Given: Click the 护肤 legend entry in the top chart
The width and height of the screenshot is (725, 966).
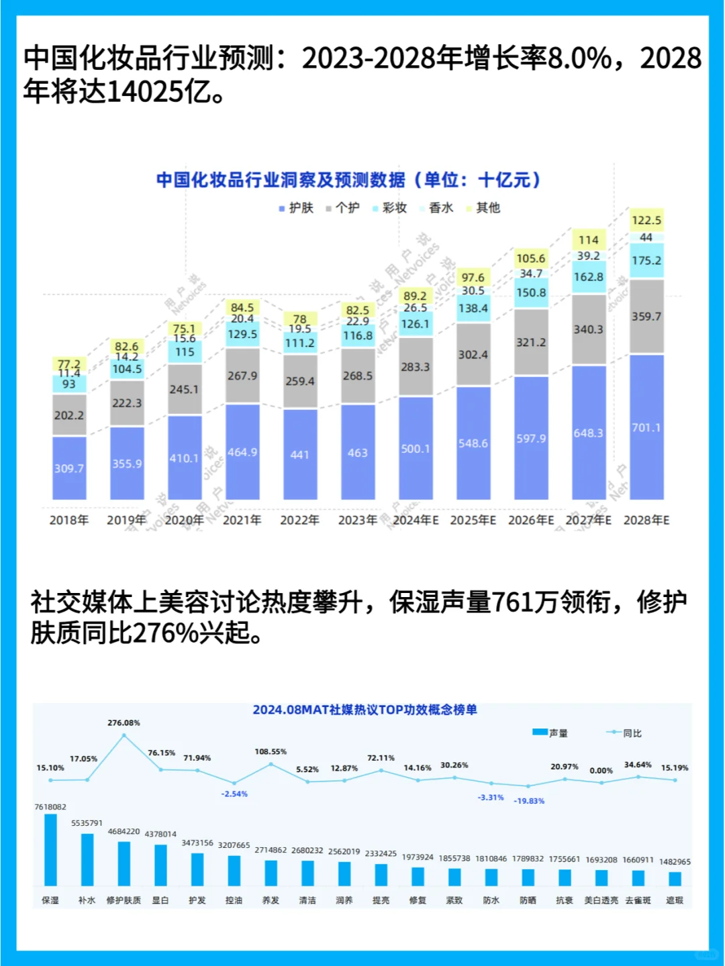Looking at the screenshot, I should click(297, 208).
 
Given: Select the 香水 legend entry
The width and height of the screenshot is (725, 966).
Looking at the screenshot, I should click(437, 208).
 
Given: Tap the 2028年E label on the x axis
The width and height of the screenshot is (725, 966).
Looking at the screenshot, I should click(646, 520).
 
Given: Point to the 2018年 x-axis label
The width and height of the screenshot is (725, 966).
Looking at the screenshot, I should click(69, 520).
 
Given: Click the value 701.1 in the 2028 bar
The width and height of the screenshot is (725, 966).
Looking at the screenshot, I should click(646, 427).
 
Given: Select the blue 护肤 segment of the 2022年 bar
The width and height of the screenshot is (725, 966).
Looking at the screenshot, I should click(300, 454).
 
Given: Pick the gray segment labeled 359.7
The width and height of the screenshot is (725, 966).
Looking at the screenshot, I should click(646, 316).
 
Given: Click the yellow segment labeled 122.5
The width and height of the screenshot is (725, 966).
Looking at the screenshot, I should click(646, 220).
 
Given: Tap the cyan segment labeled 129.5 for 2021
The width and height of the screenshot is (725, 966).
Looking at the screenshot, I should click(242, 334).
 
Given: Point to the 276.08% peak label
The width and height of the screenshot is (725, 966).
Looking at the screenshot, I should click(124, 722).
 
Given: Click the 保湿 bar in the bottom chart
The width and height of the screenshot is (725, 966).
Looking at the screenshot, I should click(50, 849).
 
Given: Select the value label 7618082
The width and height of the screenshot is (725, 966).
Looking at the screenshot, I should click(50, 806).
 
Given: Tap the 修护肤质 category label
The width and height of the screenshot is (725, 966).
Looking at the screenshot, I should click(124, 900).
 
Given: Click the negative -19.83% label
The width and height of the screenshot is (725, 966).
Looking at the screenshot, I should click(529, 801).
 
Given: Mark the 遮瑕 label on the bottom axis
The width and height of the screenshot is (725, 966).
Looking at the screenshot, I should click(675, 900).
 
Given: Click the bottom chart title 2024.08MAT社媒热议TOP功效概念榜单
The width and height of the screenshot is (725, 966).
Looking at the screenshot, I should click(365, 710).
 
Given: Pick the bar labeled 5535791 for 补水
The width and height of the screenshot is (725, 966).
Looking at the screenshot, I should click(87, 859).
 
